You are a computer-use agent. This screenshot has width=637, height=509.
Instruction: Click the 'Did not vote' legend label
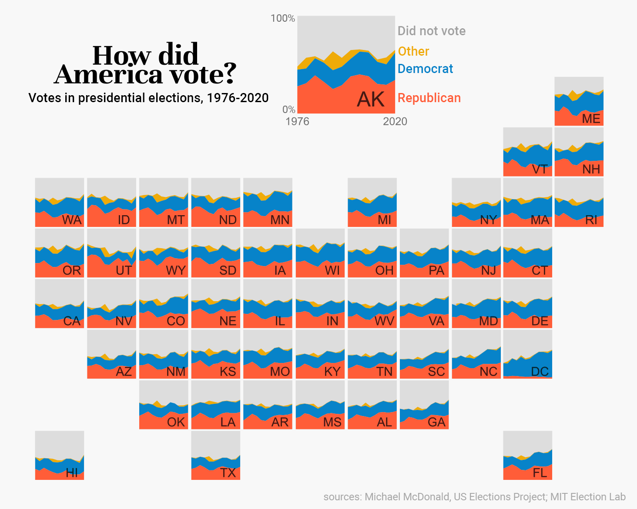pyautogui.click(x=431, y=31)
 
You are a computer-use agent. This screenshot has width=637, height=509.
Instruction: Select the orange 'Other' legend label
pyautogui.click(x=413, y=51)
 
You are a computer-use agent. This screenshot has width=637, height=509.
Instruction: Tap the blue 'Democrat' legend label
pyautogui.click(x=425, y=69)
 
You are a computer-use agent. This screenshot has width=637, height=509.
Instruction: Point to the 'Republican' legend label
pyautogui.click(x=429, y=98)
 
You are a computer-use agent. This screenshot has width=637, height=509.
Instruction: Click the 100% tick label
pyautogui.click(x=283, y=18)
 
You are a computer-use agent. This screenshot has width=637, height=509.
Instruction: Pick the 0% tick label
pyautogui.click(x=288, y=110)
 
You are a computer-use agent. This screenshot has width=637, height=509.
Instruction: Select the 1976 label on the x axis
pyautogui.click(x=297, y=121)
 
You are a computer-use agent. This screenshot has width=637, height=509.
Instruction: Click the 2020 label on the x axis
pyautogui.click(x=395, y=121)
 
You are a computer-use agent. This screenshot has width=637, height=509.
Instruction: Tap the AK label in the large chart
pyautogui.click(x=371, y=100)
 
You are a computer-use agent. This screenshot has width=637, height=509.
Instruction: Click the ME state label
pyautogui.click(x=591, y=119)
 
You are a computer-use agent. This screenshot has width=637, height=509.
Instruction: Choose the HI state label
pyautogui.click(x=72, y=473)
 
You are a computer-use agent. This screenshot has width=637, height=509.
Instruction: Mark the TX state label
pyautogui.click(x=228, y=473)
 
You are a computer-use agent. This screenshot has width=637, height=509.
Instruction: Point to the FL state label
pyautogui.click(x=540, y=473)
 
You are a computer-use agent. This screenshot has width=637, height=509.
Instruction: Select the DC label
pyautogui.click(x=540, y=372)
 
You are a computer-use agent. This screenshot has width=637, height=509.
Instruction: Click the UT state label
pyautogui.click(x=124, y=270)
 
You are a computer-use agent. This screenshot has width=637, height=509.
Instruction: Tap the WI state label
pyautogui.click(x=332, y=270)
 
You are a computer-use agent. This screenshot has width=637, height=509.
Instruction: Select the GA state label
pyautogui.click(x=436, y=422)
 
